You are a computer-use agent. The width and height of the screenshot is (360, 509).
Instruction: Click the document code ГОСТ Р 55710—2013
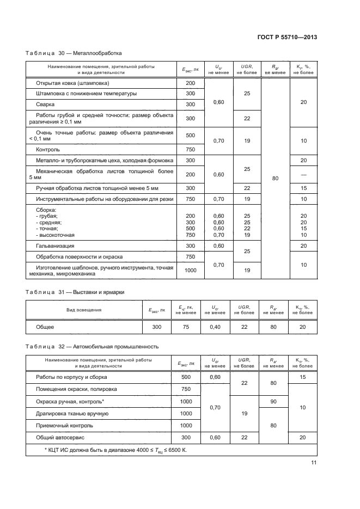[x=286, y=37]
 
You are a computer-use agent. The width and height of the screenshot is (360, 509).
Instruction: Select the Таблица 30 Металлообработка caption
[x=74, y=53]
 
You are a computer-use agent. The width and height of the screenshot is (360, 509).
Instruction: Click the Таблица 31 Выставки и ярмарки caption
[x=75, y=292]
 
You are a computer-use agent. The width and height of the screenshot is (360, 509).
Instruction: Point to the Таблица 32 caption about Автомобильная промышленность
[x=92, y=346]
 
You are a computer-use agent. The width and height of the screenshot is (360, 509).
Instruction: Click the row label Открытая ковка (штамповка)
[x=72, y=83]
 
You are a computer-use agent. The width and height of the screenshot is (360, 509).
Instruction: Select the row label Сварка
[x=46, y=104]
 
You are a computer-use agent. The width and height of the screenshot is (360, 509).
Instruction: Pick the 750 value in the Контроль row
[x=190, y=149]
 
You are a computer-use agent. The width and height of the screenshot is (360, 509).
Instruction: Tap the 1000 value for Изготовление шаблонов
[x=190, y=271]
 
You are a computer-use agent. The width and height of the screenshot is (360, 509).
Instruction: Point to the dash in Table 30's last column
[x=303, y=174]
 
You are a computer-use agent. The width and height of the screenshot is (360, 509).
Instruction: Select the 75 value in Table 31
[x=185, y=327]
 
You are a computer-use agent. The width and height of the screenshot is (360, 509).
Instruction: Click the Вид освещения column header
[x=83, y=310]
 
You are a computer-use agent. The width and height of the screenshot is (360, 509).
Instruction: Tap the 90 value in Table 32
[x=273, y=401]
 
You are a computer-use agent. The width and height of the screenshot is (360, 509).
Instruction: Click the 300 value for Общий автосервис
[x=186, y=437]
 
